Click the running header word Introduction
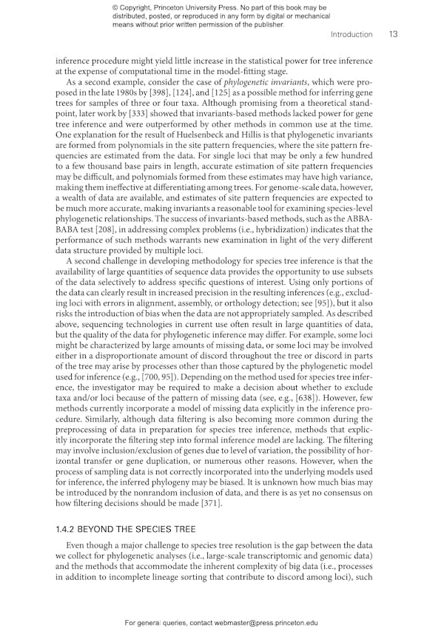351,34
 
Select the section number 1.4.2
67,530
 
